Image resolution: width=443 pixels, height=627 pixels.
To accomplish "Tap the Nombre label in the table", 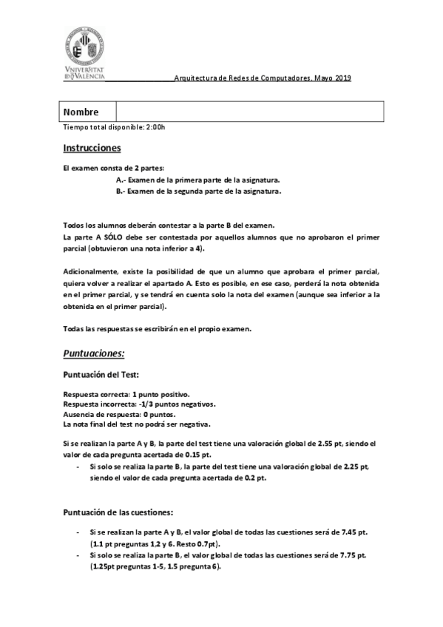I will [81, 112].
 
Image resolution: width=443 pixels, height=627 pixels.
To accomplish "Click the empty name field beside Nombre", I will [250, 112].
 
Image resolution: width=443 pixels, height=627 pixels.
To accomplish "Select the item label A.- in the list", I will [121, 180].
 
